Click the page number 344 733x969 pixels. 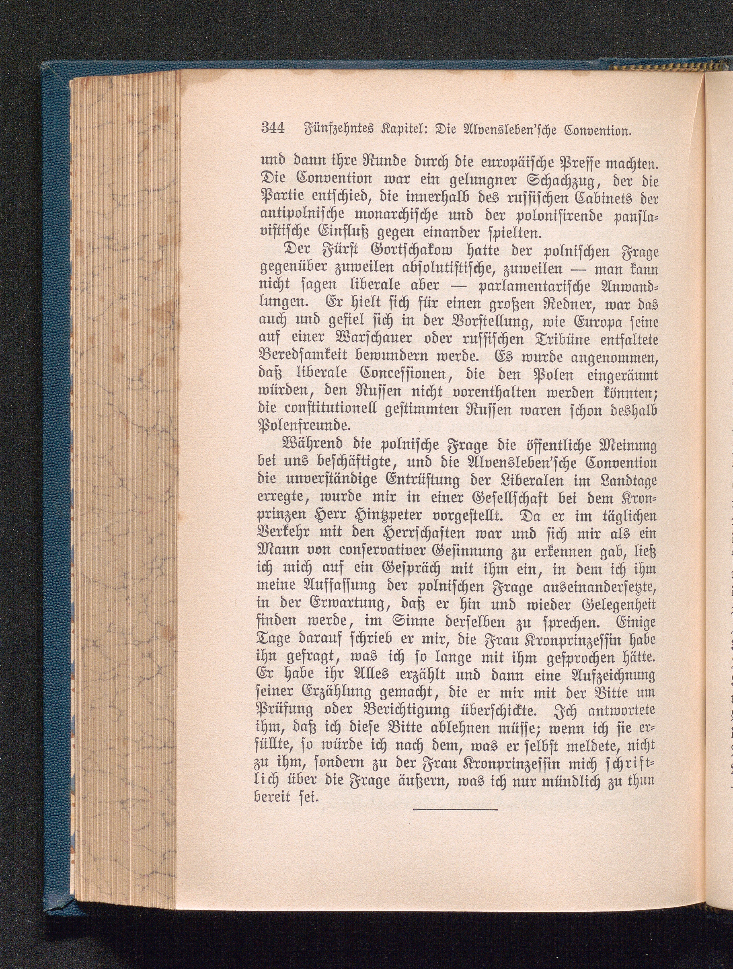[273, 129]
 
